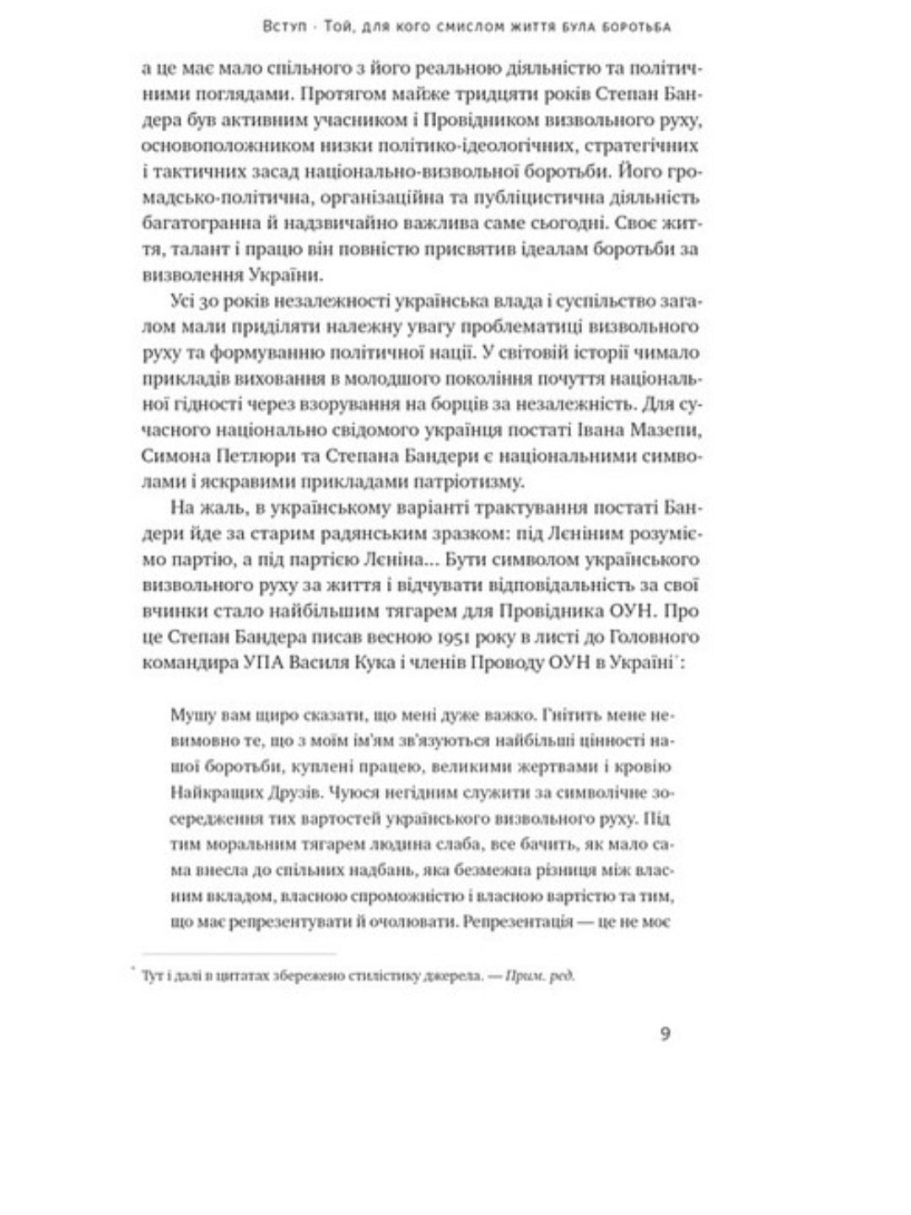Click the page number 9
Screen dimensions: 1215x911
tap(665, 1034)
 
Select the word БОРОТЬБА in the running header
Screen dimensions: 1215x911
tap(635, 28)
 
